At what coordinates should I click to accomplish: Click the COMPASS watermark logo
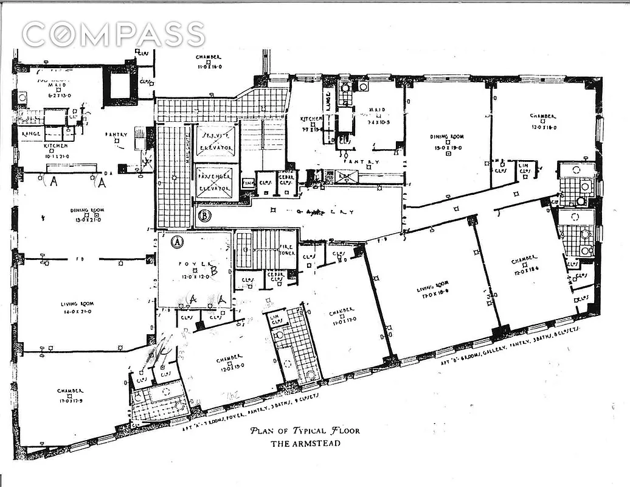click(x=113, y=34)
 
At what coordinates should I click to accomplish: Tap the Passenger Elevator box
click(x=218, y=183)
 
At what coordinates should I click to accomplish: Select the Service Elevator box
click(x=218, y=143)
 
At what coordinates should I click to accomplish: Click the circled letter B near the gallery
click(x=205, y=215)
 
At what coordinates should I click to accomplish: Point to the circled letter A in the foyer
click(x=178, y=241)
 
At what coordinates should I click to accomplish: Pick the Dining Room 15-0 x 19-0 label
click(x=449, y=143)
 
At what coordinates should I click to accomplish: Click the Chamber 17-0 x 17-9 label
click(x=71, y=394)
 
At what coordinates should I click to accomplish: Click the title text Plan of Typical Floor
click(x=305, y=431)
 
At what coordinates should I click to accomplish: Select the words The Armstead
click(x=305, y=443)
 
